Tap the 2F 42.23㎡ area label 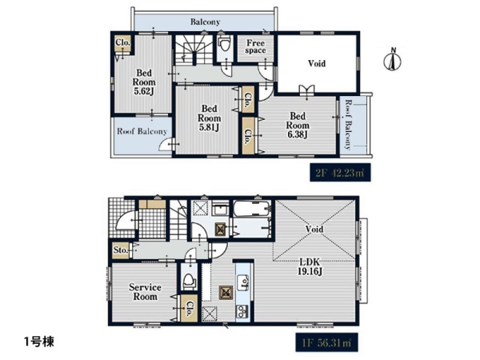point(340,173)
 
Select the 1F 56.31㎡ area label point(326,342)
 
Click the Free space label point(256,46)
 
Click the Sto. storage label point(120,250)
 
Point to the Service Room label point(145,292)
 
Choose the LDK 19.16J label point(310,266)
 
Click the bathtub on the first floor point(252,209)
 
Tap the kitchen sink point(244,282)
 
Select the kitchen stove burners point(242,311)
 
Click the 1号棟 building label point(39,342)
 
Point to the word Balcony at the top point(205,22)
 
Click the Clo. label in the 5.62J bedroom point(122,42)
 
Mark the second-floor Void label point(317,63)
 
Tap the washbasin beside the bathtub point(219,210)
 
